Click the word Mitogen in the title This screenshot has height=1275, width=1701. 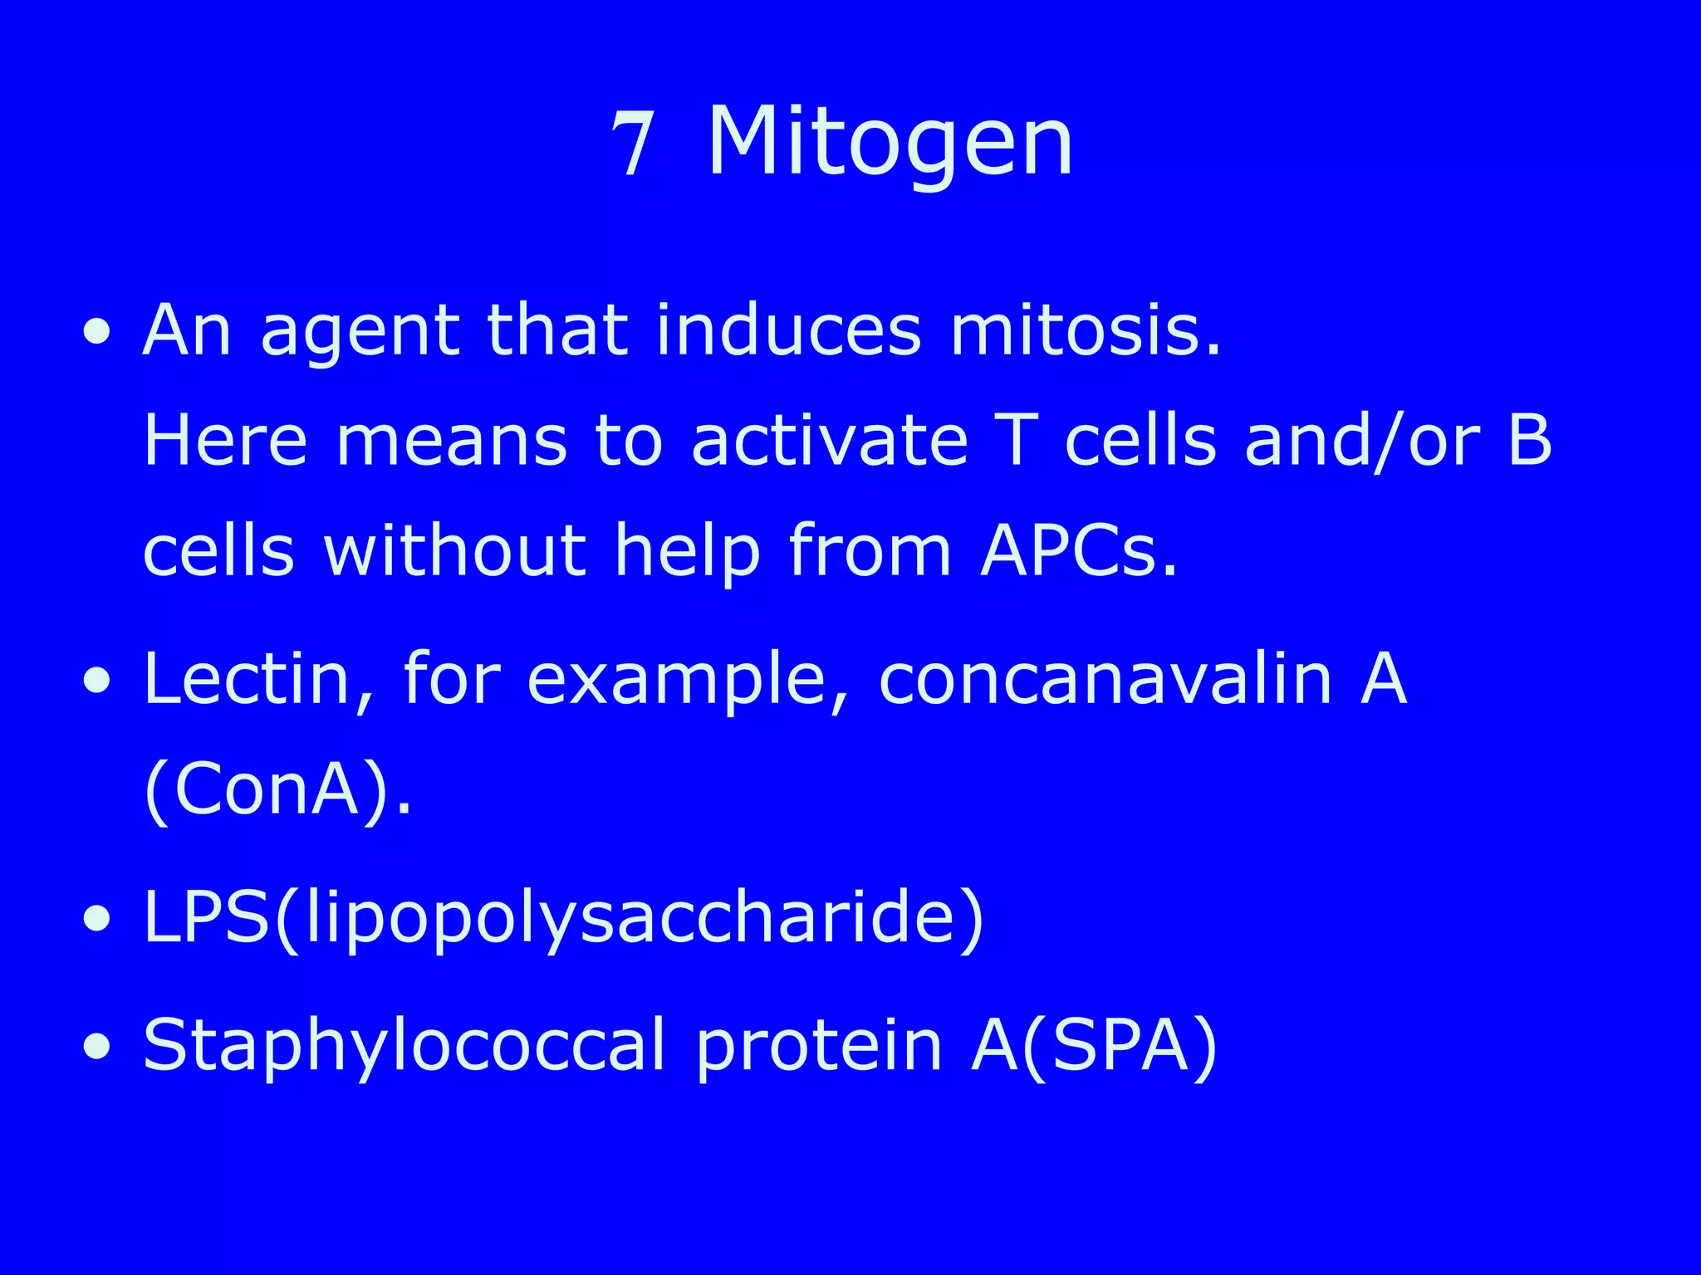pos(890,143)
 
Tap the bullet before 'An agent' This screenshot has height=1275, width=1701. pos(97,333)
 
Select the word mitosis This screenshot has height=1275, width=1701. pos(1085,330)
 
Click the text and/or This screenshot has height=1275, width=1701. pos(1362,440)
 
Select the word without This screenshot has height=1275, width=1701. pos(455,550)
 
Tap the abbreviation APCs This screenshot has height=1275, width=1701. pos(1078,550)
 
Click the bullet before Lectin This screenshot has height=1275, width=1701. pos(97,681)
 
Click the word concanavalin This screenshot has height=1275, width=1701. pos(1105,678)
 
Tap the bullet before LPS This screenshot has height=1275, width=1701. pos(97,920)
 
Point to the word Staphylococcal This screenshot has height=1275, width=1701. pos(404,1046)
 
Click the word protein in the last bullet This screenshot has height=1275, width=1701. pos(818,1046)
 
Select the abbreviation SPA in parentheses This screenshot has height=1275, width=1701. pos(1116,1044)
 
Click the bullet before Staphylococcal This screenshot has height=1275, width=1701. pos(97,1048)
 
